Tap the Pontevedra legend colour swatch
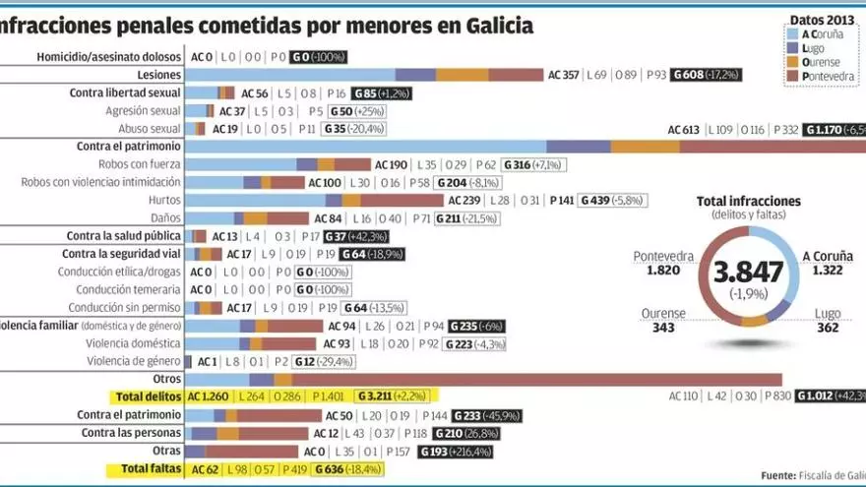793,76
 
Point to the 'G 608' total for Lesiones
706,75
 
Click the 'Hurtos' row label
162,200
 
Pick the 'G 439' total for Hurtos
610,201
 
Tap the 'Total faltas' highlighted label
150,469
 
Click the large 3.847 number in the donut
749,273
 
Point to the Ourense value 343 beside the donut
663,328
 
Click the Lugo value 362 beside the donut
828,328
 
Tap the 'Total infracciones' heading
748,201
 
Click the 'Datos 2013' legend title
821,18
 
